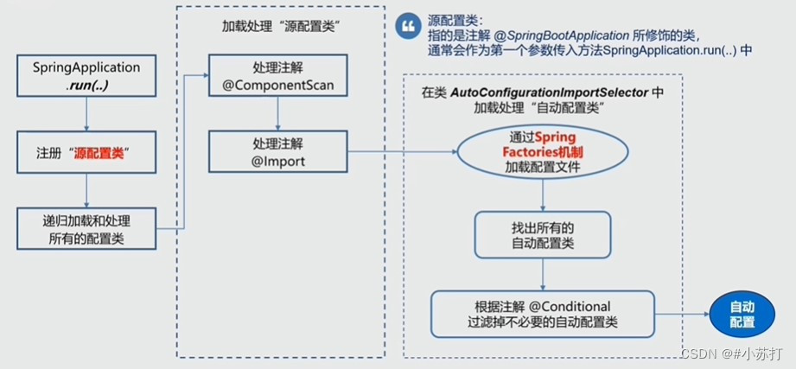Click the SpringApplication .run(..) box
(x=86, y=76)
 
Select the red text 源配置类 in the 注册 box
(x=99, y=153)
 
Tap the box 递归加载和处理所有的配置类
(x=86, y=228)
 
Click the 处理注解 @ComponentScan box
(x=278, y=75)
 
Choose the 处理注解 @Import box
(x=278, y=151)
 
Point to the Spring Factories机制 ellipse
(x=543, y=152)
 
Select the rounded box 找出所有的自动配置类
(x=543, y=235)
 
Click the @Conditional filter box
(x=543, y=314)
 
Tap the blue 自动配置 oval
(x=742, y=315)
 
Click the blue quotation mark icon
(x=408, y=27)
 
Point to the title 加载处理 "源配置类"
(x=280, y=27)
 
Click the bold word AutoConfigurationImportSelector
(x=550, y=92)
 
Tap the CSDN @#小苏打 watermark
(x=731, y=353)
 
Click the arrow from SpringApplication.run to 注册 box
(x=86, y=114)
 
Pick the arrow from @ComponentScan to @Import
(x=278, y=113)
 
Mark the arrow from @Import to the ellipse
(x=402, y=151)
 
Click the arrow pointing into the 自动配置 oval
(x=682, y=315)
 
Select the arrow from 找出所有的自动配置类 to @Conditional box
(x=543, y=275)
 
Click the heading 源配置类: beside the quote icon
(x=455, y=22)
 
